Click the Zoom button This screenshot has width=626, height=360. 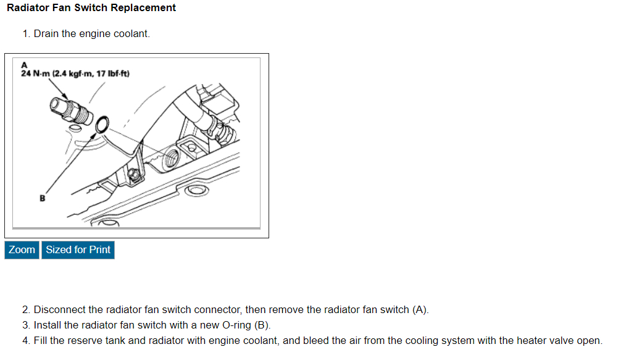22,249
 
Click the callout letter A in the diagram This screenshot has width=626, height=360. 25,65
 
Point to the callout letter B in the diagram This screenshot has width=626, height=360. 43,199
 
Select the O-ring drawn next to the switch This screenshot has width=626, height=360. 103,123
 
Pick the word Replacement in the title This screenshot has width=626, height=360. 143,8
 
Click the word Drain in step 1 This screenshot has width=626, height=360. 46,33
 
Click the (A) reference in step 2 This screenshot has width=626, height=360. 419,309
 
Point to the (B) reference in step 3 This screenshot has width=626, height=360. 262,325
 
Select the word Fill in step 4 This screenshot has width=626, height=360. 41,340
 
